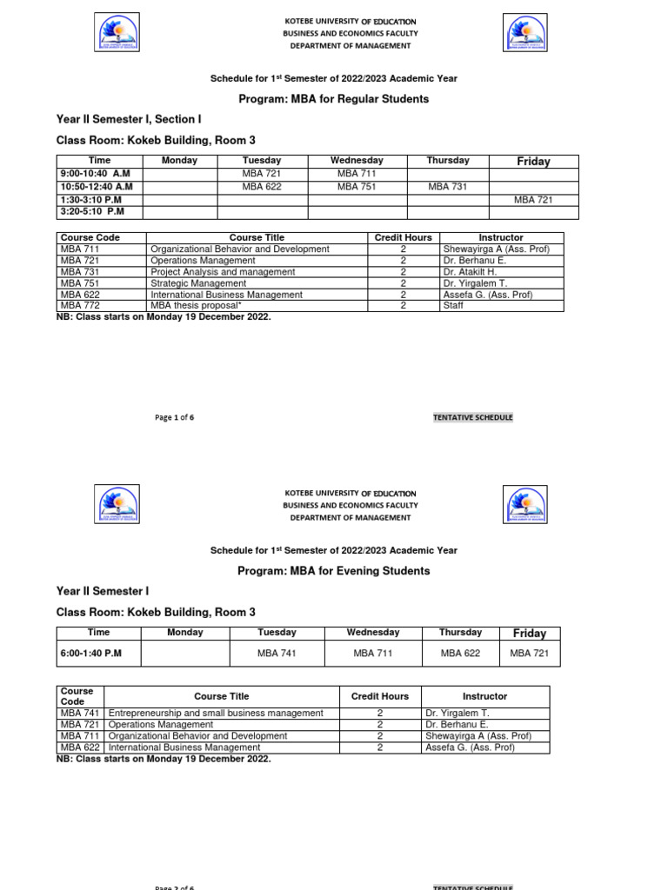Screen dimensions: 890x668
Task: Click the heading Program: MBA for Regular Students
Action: (x=333, y=99)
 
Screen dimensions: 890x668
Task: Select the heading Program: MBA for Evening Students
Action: (x=333, y=571)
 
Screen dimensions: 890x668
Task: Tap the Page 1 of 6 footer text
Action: (x=174, y=417)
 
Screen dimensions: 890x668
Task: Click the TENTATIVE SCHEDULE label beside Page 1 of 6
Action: (x=473, y=417)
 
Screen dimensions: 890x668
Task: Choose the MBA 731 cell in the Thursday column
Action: (x=448, y=187)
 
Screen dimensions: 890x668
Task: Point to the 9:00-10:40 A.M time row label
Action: (x=95, y=174)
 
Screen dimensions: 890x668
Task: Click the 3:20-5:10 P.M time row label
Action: (x=92, y=211)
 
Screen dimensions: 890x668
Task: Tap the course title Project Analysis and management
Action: (x=222, y=272)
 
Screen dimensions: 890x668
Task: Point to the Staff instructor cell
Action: (x=453, y=306)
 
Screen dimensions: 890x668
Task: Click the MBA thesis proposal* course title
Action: (x=196, y=306)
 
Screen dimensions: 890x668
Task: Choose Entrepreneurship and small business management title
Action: (x=216, y=713)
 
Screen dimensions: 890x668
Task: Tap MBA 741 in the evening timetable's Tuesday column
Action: (x=277, y=653)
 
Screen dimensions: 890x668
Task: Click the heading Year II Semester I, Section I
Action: (x=129, y=119)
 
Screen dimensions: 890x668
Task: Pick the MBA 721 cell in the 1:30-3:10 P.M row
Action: (x=533, y=200)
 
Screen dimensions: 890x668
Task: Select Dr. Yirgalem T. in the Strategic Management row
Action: (x=475, y=283)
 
